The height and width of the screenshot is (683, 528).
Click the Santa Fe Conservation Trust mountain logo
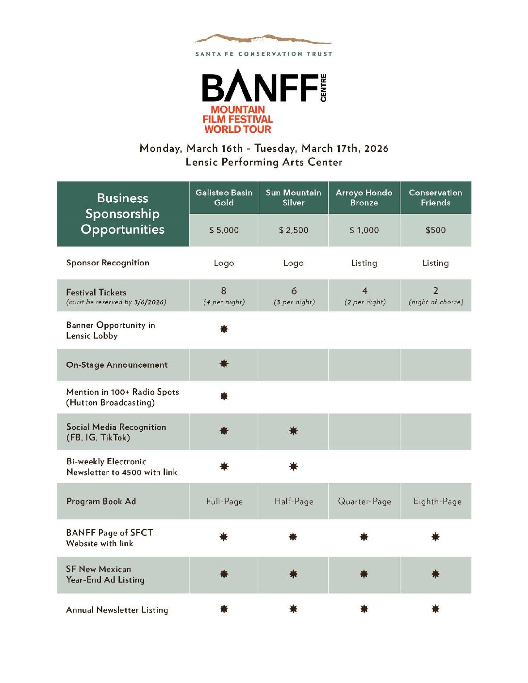[x=263, y=39]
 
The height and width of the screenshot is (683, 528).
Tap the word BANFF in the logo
[x=260, y=87]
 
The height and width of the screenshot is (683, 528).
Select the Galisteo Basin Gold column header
[x=224, y=198]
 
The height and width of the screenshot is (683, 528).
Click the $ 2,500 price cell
[x=294, y=230]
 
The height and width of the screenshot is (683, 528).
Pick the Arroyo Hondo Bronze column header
[x=364, y=198]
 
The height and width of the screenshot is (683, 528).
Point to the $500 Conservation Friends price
[x=435, y=230]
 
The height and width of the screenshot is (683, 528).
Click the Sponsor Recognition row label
[x=108, y=263]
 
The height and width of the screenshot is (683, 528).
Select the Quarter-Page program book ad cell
[x=364, y=502]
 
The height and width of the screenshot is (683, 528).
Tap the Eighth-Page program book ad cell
[x=437, y=502]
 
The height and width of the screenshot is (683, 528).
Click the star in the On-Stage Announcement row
[x=224, y=364]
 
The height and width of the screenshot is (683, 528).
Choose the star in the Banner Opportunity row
[x=224, y=329]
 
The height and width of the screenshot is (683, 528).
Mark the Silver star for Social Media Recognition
[x=294, y=431]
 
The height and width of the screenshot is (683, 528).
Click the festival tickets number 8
[x=224, y=291]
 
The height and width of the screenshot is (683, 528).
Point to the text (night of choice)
[x=436, y=302]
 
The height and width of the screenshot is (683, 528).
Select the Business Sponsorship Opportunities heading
[x=123, y=214]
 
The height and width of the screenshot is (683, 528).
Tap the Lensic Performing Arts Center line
[x=264, y=163]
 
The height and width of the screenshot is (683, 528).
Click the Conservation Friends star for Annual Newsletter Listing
[x=435, y=609]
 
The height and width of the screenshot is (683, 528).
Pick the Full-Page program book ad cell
[x=224, y=502]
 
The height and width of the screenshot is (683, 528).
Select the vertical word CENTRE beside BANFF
[x=324, y=88]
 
